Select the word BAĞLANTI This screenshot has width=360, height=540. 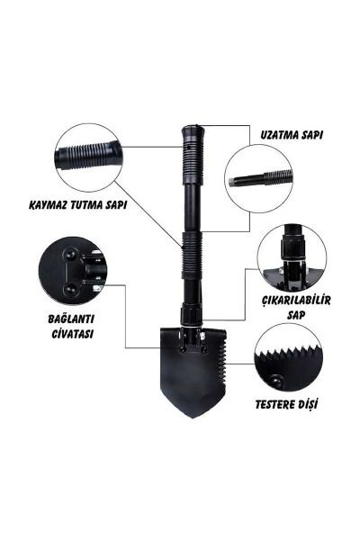click(72, 319)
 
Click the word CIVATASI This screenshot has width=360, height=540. click(73, 333)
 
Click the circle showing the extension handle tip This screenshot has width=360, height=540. click(259, 177)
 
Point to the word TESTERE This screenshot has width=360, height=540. click(275, 404)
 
